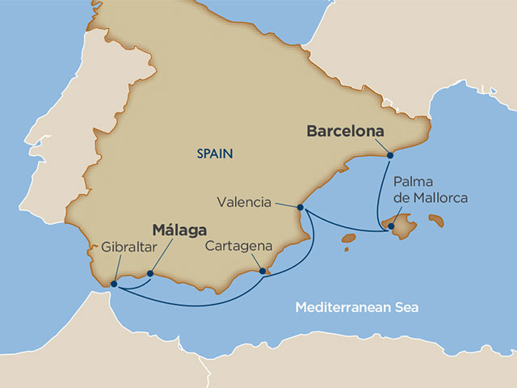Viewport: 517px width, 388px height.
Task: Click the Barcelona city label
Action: click(x=343, y=133)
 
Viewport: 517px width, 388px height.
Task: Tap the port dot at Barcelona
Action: click(x=389, y=154)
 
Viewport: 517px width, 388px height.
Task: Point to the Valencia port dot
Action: click(x=301, y=208)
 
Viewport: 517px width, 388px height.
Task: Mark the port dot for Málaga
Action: click(x=150, y=273)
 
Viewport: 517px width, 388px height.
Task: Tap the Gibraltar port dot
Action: click(x=114, y=284)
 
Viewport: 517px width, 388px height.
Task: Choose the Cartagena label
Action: click(x=236, y=246)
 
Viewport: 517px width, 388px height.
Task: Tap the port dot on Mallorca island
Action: click(x=391, y=226)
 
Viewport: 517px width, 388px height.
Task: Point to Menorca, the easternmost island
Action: click(x=436, y=219)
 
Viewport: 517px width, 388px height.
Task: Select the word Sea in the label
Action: click(x=397, y=307)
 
